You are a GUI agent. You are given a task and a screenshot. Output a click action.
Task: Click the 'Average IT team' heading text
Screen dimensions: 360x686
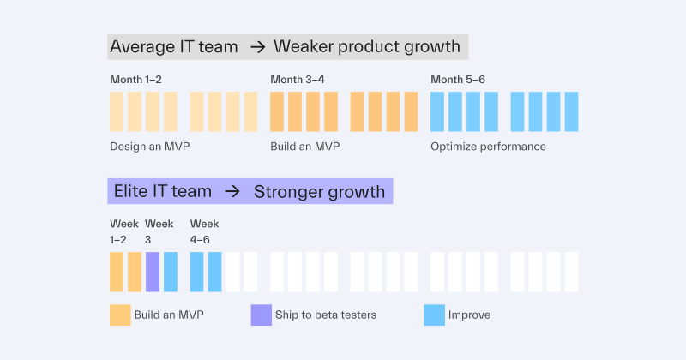(173, 46)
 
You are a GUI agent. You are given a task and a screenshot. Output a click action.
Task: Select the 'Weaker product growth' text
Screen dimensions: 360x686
(368, 46)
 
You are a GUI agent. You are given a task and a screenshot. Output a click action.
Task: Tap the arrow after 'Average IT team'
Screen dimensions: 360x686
(257, 47)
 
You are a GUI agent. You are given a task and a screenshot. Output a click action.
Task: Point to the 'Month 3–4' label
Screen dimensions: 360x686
(297, 80)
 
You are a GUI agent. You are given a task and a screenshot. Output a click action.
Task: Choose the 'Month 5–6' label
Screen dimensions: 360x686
(457, 80)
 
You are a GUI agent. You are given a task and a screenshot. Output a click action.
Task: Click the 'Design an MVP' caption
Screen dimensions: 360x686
(149, 147)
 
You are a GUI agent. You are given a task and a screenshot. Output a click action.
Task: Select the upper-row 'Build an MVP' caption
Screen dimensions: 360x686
(304, 147)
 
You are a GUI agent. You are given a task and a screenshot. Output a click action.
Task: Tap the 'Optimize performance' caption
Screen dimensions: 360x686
(488, 147)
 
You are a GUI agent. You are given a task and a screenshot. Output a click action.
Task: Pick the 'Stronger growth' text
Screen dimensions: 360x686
(319, 191)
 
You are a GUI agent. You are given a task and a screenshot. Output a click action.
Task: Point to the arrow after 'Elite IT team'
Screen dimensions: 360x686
(232, 191)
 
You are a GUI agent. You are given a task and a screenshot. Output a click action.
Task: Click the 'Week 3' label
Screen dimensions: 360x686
(159, 231)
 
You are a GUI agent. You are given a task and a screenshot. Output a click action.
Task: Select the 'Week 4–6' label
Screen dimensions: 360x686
(205, 231)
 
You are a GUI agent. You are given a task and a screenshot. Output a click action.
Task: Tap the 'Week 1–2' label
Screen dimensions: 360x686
(124, 231)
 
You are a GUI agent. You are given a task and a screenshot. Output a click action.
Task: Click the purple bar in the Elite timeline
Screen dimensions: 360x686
(153, 272)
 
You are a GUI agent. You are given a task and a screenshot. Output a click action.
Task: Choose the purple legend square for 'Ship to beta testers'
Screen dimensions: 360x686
(261, 315)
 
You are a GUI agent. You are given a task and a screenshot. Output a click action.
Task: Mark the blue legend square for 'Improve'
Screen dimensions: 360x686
(434, 315)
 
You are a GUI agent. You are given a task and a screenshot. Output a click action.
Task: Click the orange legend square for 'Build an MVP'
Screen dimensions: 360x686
(120, 315)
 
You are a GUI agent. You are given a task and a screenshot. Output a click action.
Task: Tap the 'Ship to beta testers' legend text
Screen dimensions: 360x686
(326, 315)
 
